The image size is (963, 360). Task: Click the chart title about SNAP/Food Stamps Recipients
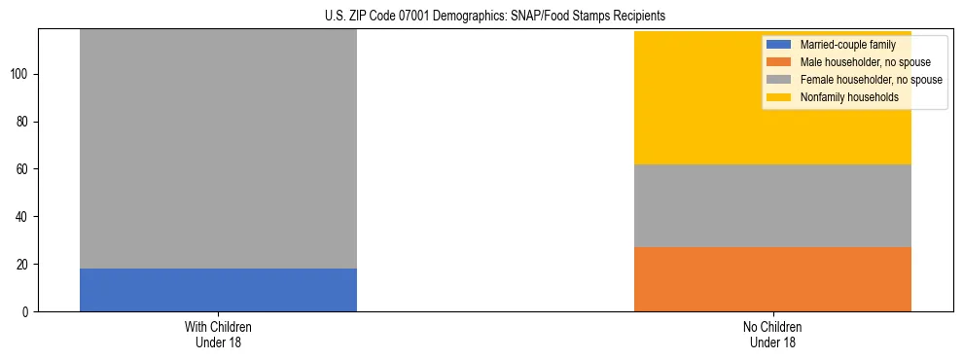(x=481, y=17)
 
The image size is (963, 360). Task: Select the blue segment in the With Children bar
(x=218, y=290)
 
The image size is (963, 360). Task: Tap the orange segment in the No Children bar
(x=772, y=279)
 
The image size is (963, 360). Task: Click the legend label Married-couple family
(x=847, y=45)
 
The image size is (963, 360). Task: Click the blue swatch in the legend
(x=779, y=45)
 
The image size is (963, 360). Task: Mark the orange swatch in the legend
(x=779, y=62)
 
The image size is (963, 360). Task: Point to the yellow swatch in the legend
(x=779, y=97)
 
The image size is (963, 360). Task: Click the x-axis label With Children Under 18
(x=218, y=334)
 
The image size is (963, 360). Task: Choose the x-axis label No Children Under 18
(x=772, y=334)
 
